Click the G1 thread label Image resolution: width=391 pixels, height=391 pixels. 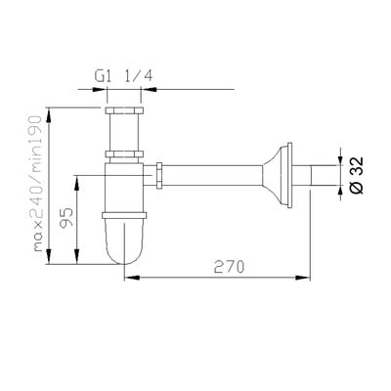103,76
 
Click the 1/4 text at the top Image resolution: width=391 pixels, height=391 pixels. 138,76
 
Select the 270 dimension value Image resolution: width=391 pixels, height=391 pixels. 229,268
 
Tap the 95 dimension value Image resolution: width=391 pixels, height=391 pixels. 67,218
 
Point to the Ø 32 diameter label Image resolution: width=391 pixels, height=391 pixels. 357,175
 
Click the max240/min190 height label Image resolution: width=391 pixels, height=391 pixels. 38,184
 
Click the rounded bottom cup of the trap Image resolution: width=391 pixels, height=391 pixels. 124,240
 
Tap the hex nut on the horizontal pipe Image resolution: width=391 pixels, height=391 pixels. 159,175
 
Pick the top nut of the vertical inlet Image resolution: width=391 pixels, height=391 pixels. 124,109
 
